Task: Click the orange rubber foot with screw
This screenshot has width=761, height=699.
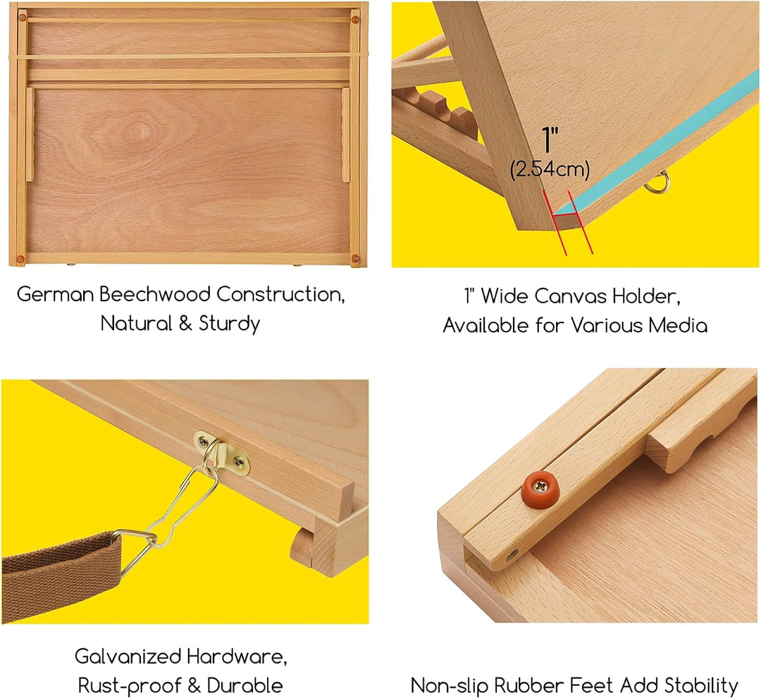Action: click(538, 488)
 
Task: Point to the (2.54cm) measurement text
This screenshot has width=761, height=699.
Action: click(550, 170)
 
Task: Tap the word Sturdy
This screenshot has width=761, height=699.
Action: click(229, 324)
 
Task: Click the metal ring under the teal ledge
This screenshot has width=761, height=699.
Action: click(659, 181)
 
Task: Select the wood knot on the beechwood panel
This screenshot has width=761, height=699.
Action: click(144, 130)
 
